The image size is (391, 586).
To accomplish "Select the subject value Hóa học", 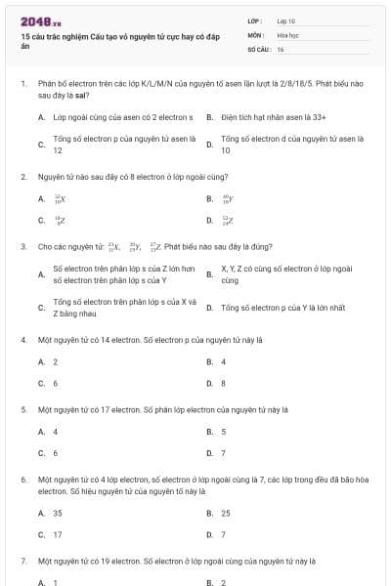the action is [x=287, y=34].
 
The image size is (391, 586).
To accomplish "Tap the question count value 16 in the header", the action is [x=281, y=48].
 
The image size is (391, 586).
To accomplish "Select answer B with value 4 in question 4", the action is [x=224, y=361].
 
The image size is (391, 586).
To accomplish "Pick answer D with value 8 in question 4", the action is [x=224, y=383].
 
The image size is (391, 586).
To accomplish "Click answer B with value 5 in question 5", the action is [x=224, y=432].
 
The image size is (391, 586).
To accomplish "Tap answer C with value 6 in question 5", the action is [x=56, y=453].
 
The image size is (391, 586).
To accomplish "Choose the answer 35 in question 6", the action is [x=58, y=513].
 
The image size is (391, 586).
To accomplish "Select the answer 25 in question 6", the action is [x=226, y=513].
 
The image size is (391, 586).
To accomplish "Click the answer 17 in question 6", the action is [x=58, y=534].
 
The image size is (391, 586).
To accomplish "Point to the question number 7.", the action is [x=22, y=562].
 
